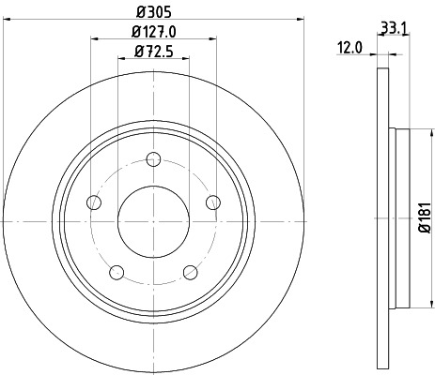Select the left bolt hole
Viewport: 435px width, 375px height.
click(x=94, y=202)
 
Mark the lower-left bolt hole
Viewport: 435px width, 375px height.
click(x=117, y=272)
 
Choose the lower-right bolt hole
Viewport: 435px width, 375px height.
click(x=190, y=272)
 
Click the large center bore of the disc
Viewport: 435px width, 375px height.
click(x=154, y=219)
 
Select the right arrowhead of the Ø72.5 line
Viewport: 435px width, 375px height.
click(x=187, y=58)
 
